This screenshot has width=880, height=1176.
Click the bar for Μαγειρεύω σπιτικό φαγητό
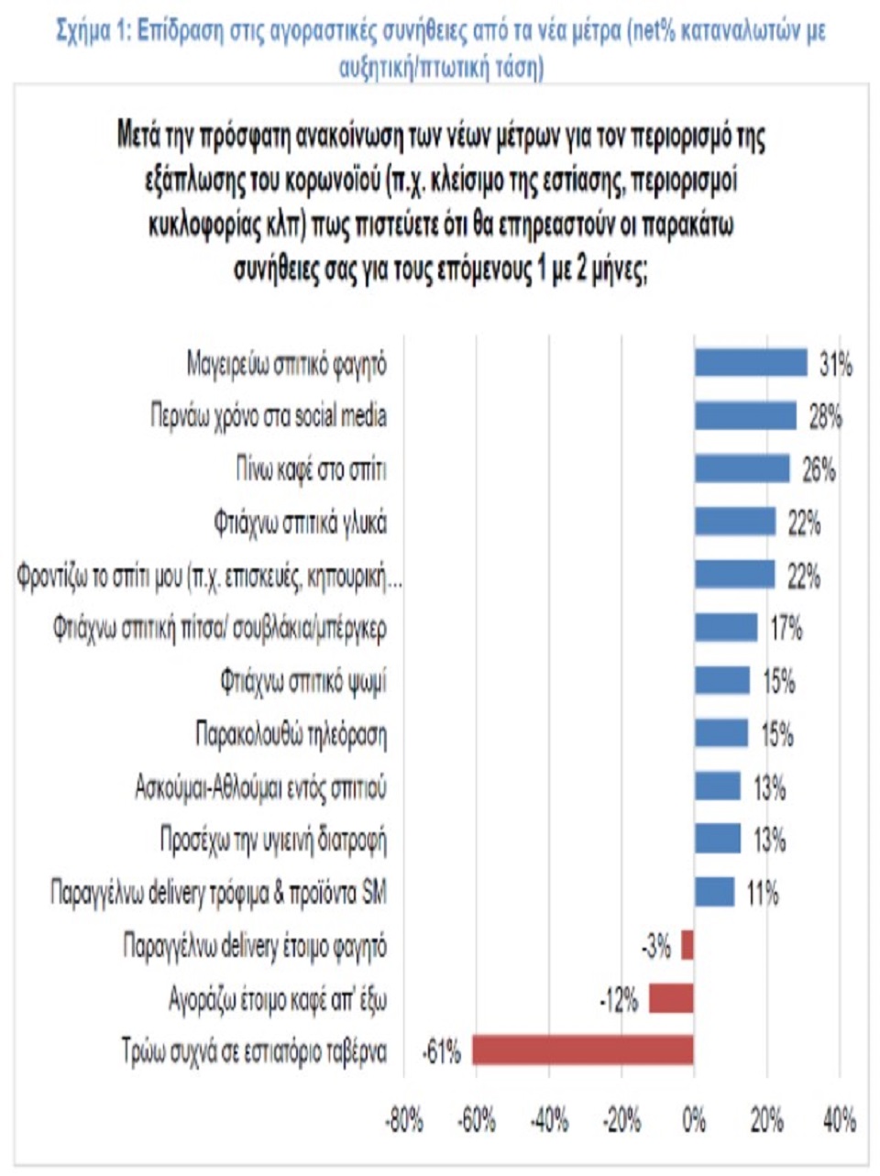pos(750,363)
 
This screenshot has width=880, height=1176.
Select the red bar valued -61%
pos(583,1050)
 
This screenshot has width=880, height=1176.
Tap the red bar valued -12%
pos(671,998)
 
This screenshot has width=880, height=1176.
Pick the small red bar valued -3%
pos(687,945)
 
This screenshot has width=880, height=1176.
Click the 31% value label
pos(835,365)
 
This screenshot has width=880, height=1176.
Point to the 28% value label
pos(825,417)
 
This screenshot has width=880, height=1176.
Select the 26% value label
pos(819,470)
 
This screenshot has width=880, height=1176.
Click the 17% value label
pos(786,629)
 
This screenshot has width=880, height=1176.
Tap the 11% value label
pos(762,893)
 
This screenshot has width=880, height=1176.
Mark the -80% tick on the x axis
pos(404,1120)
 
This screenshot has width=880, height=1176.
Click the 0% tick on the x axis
pos(695,1120)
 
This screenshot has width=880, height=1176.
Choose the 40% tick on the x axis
pos(840,1120)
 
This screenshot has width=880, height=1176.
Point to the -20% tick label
pos(622,1120)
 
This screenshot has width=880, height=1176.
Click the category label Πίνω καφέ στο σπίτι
pos(312,470)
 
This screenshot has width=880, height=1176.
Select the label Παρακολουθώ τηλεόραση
pos(291,735)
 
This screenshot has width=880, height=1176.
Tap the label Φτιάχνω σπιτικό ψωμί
pos(303,682)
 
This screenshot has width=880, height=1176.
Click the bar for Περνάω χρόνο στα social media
pos(745,416)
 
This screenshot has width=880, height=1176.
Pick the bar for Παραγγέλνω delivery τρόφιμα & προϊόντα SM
pos(714,892)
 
